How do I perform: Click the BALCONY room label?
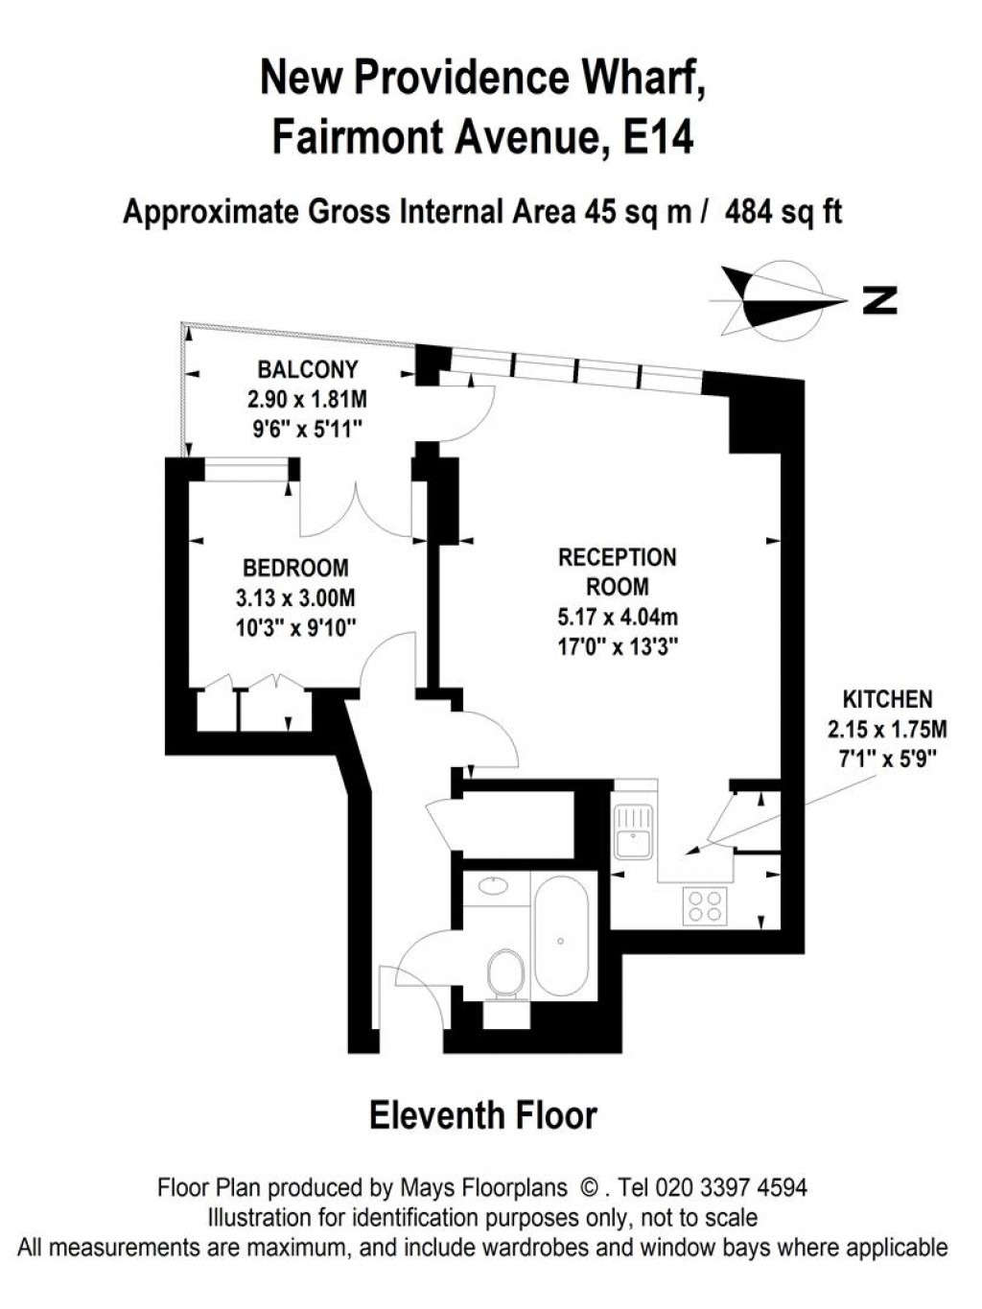pyautogui.click(x=308, y=370)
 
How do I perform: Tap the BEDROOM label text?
pyautogui.click(x=295, y=568)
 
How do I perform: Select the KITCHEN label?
pyautogui.click(x=888, y=698)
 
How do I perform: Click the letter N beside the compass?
pyautogui.click(x=880, y=300)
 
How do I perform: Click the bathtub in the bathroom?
pyautogui.click(x=560, y=941)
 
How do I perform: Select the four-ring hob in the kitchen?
pyautogui.click(x=705, y=906)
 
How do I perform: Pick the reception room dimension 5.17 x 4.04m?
pyautogui.click(x=618, y=618)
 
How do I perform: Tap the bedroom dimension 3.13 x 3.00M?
pyautogui.click(x=296, y=597)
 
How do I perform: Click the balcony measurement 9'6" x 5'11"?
pyautogui.click(x=308, y=430)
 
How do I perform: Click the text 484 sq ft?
pyautogui.click(x=783, y=212)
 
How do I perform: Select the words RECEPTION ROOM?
pyautogui.click(x=618, y=573)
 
